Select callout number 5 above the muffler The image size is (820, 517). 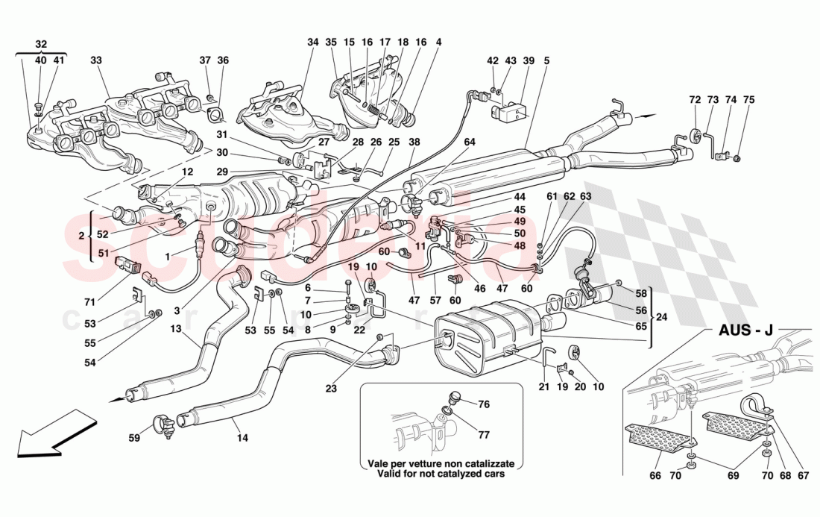point(546,60)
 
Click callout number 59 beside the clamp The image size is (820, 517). point(133,439)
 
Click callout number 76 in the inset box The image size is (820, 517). point(485,404)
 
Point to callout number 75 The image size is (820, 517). point(748,99)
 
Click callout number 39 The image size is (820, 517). point(529,60)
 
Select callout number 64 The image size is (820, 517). point(469,142)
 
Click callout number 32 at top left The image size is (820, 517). point(40,44)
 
